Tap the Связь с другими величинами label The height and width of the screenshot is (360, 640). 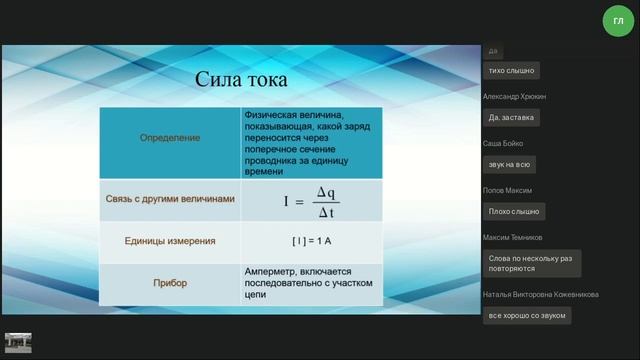(x=170, y=199)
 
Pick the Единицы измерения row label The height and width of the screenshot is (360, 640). (x=170, y=241)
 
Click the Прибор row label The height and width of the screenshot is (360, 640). (x=170, y=283)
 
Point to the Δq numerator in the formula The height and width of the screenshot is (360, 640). (x=326, y=192)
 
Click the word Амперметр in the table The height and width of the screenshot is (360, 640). (x=273, y=271)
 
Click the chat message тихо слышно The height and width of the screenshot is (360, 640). (x=511, y=71)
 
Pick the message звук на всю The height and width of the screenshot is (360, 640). (x=510, y=163)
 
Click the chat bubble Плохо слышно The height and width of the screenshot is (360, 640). (x=514, y=211)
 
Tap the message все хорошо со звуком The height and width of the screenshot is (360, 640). (x=527, y=315)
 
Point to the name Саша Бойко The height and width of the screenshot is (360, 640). (x=504, y=143)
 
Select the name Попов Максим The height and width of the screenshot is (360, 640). (x=507, y=190)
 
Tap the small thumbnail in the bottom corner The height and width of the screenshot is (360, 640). (x=18, y=342)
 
